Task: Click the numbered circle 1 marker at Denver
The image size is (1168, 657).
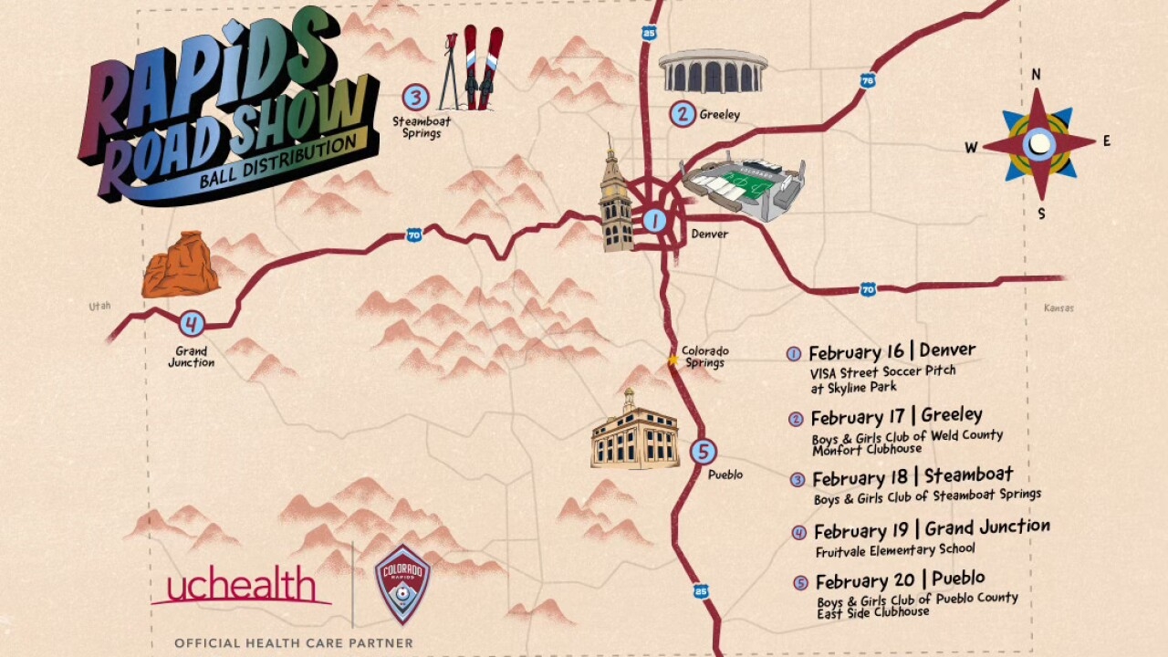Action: pos(654,220)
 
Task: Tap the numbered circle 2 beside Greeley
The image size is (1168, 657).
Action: pos(683,114)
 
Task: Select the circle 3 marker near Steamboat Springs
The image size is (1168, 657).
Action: pos(415,97)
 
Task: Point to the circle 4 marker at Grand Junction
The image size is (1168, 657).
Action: pos(192,323)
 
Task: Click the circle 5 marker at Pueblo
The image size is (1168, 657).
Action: pos(703,451)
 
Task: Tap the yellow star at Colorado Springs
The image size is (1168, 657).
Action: pos(673,360)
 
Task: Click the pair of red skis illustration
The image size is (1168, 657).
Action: pos(483,66)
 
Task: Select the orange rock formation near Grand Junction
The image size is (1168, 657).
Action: pos(180,266)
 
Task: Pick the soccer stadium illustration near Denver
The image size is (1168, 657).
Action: pos(744,187)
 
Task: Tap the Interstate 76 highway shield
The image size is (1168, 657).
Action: pos(868,81)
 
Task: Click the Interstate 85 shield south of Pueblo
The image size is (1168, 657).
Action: pos(700,591)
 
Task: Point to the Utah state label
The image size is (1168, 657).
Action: pos(99,307)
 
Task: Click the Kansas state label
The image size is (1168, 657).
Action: pos(1058,308)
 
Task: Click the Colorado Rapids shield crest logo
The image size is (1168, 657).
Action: pos(402,584)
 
